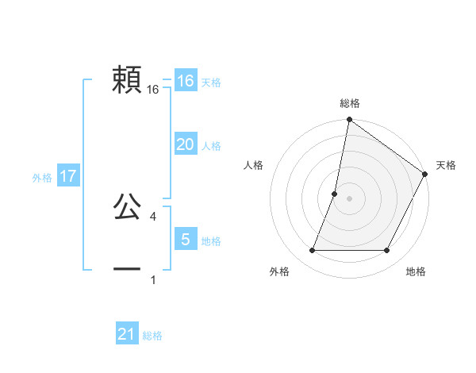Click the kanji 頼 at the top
pos(127,80)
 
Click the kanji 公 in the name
pos(127,207)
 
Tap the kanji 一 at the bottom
pos(127,270)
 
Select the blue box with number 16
pos(185,81)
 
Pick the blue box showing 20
pos(185,144)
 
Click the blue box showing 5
pos(185,239)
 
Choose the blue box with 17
pos(68,176)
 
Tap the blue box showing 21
pos(127,334)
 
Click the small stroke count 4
pos(152,217)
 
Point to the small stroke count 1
pos(152,280)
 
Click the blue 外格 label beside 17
pos(42,178)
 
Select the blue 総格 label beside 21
pos(152,336)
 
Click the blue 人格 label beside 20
pos(211,146)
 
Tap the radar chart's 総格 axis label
pos(349,103)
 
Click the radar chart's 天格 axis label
pos(446,165)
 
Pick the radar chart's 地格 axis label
pos(416,271)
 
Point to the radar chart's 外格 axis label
pos(279,271)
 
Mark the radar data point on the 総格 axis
pos(349,120)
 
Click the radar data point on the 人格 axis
pos(335,194)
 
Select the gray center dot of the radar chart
pos(349,198)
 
